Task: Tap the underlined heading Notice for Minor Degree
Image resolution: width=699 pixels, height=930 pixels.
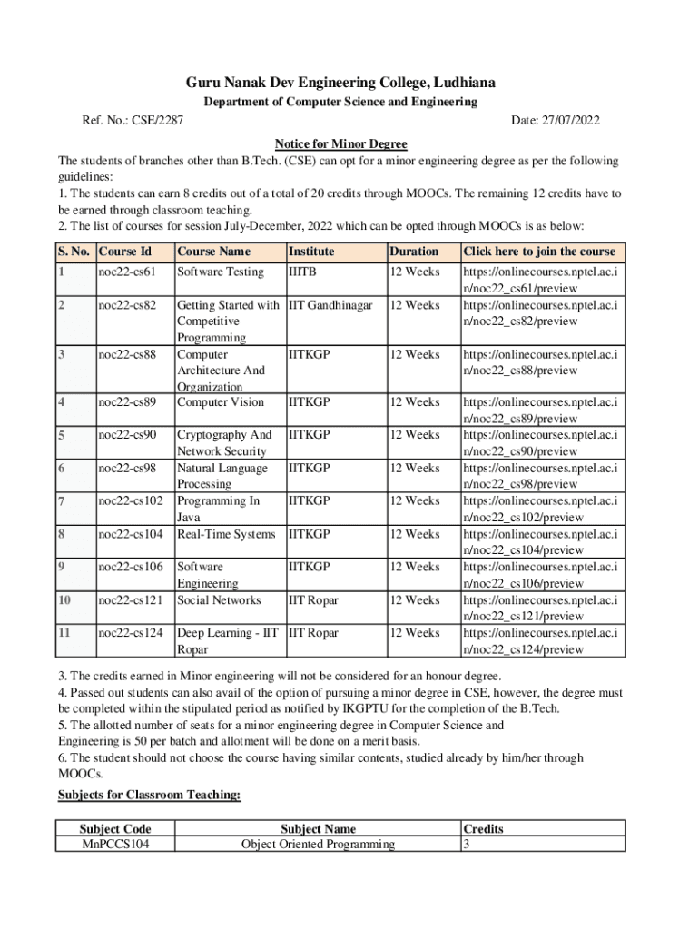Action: click(340, 144)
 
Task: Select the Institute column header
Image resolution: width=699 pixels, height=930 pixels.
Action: click(311, 252)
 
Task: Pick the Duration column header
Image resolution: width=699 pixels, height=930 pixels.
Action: click(414, 252)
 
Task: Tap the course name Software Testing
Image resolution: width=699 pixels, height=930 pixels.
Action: click(221, 272)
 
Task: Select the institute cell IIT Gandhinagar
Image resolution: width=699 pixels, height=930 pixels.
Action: click(330, 305)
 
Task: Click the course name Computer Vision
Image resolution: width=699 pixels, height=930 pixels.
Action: click(221, 402)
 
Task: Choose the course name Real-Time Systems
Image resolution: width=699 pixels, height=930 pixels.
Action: click(226, 535)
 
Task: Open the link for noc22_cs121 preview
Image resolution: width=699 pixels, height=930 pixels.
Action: click(540, 608)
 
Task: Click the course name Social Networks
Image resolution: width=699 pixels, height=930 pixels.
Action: click(219, 600)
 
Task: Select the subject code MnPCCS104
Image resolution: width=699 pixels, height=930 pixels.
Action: click(115, 845)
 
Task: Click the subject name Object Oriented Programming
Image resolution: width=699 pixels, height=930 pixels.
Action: click(318, 845)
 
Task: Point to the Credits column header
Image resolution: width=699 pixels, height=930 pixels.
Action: click(483, 829)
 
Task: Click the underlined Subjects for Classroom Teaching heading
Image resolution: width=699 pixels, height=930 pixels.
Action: click(150, 796)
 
